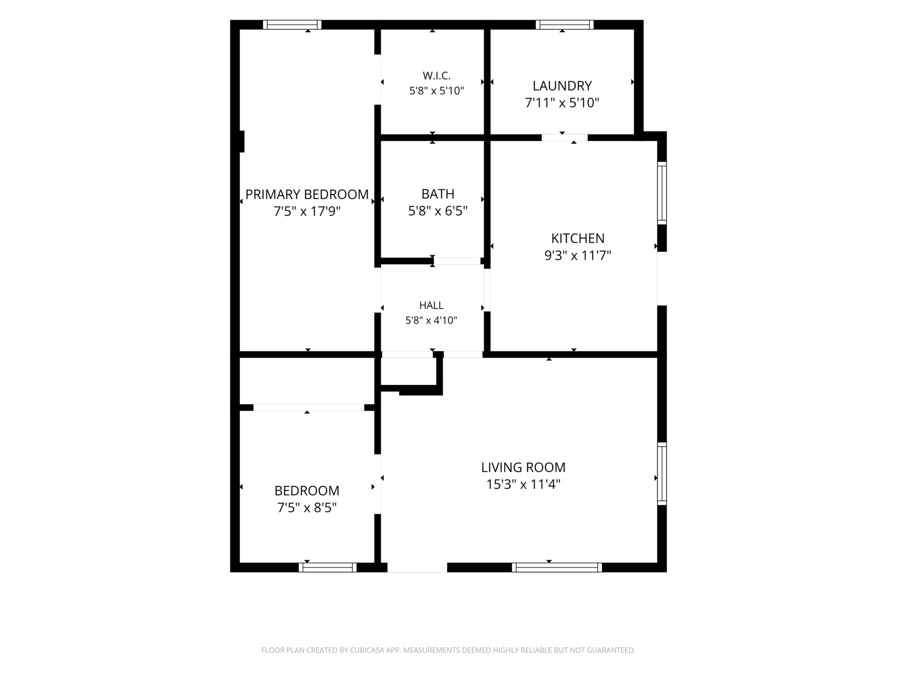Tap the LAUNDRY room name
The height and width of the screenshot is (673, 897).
[x=562, y=86]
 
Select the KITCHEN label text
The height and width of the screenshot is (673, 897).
[x=578, y=238]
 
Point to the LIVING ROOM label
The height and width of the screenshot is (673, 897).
[x=523, y=467]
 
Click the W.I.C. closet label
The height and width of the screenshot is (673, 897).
[x=436, y=75]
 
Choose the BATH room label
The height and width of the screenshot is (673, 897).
[x=438, y=194]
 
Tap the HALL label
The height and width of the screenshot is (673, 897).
[x=431, y=305]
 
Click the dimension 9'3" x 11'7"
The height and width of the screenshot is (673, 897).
[x=578, y=256]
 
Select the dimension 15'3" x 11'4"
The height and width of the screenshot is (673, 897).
[x=523, y=484]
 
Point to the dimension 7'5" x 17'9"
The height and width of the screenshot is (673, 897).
[x=307, y=211]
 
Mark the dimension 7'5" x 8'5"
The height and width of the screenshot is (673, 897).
[x=307, y=508]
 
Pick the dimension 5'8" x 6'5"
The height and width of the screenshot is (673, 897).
[x=438, y=211]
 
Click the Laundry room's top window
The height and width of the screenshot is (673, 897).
[x=565, y=25]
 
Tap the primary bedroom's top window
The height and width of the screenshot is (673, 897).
[x=292, y=25]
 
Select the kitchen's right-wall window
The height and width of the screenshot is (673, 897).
[x=662, y=193]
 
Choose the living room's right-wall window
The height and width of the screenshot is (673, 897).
[x=662, y=474]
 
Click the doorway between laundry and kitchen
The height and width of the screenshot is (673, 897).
[x=565, y=138]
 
